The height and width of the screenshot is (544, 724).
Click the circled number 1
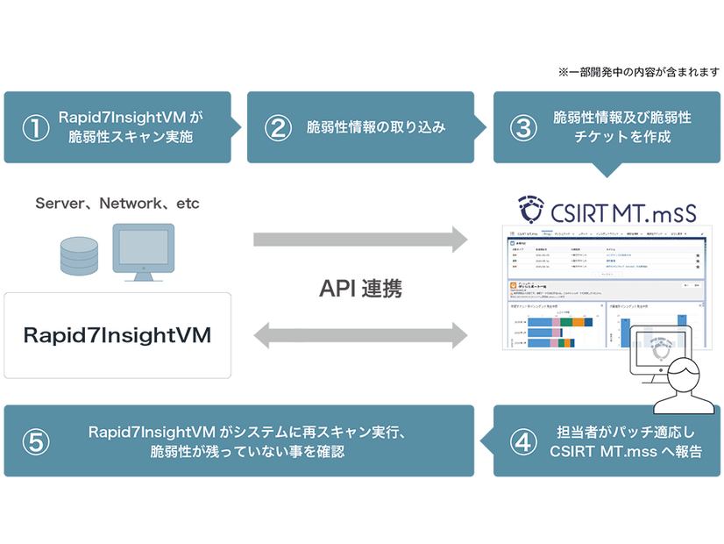[x=37, y=127]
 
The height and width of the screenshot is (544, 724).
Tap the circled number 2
[x=278, y=127]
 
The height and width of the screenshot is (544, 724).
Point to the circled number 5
[x=37, y=441]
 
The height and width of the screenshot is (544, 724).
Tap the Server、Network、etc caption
[x=117, y=204]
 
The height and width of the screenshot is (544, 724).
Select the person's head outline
[x=682, y=379]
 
